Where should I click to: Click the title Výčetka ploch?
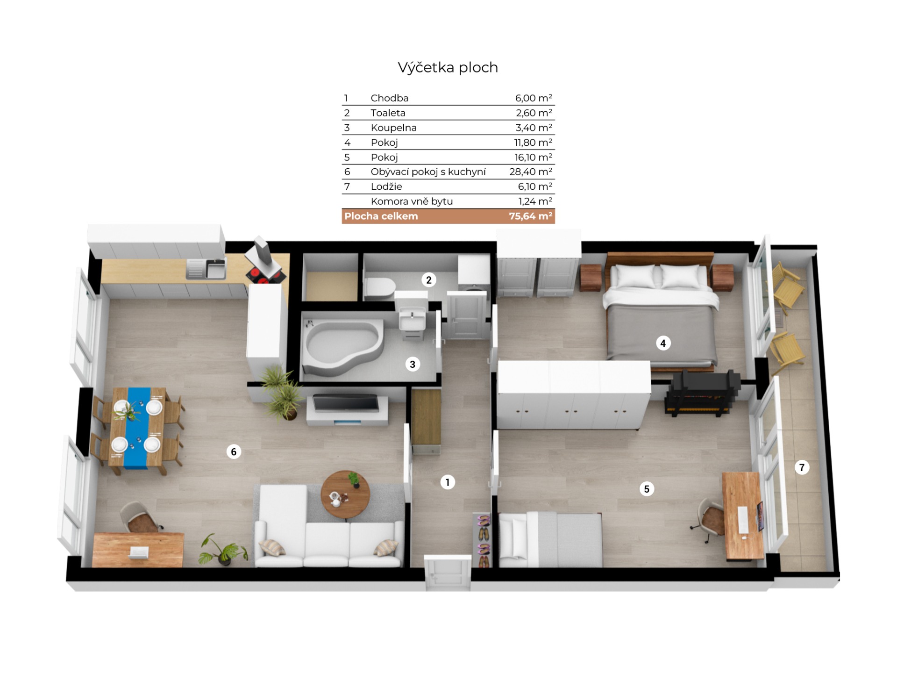pos(448,68)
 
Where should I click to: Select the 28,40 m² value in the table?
pos(531,172)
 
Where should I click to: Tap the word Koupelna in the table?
pos(393,128)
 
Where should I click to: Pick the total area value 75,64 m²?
pos(531,216)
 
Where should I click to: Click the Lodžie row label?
pos(386,186)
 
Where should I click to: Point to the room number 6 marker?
pos(234,451)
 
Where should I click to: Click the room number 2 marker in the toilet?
pos(429,280)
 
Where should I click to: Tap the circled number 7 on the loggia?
pos(802,467)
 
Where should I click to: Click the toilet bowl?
pos(380,288)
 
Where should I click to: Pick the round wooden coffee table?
pos(345,494)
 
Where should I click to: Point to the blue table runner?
pos(138,428)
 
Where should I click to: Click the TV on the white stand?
pos(345,403)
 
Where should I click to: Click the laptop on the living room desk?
pos(139,553)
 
